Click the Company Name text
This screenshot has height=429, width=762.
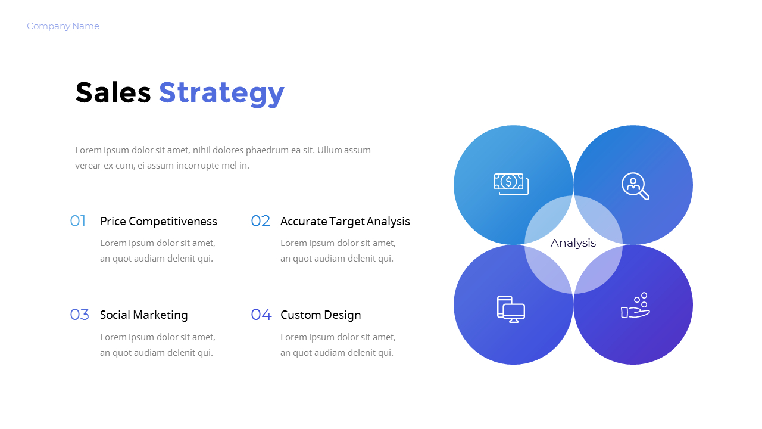click(63, 26)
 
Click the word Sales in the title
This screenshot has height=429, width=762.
click(113, 93)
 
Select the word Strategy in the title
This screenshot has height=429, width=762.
click(221, 93)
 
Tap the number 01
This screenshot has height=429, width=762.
click(78, 222)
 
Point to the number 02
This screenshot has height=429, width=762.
click(260, 222)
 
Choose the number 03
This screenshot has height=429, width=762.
click(79, 315)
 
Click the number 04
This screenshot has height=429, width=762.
click(261, 315)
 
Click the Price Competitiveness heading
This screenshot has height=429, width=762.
click(158, 222)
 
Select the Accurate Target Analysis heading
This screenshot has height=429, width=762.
click(345, 222)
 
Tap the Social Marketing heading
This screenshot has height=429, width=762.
click(143, 315)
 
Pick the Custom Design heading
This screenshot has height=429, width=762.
click(320, 315)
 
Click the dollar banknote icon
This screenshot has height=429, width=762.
click(511, 184)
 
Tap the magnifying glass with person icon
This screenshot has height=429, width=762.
click(635, 186)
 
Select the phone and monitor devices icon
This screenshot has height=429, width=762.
click(511, 309)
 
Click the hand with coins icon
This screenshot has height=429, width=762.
click(635, 306)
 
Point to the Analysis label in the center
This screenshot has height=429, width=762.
click(573, 243)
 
